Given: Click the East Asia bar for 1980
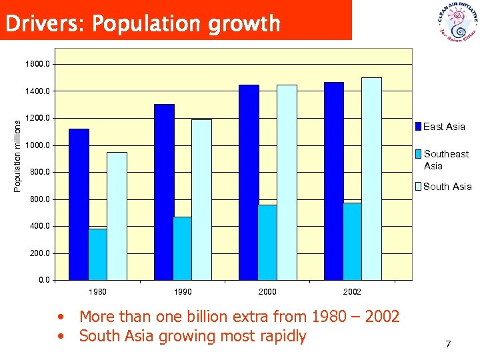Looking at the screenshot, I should pyautogui.click(x=79, y=204).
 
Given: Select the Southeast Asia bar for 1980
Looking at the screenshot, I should pyautogui.click(x=97, y=254).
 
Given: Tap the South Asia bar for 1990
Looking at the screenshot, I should pyautogui.click(x=201, y=199).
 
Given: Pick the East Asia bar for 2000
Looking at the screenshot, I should pyautogui.click(x=249, y=182).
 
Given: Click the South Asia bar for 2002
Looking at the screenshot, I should pyautogui.click(x=371, y=179).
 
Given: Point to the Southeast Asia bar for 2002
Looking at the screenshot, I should pyautogui.click(x=352, y=241).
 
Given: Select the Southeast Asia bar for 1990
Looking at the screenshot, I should pyautogui.click(x=182, y=248).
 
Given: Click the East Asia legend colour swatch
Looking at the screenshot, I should pyautogui.click(x=418, y=127).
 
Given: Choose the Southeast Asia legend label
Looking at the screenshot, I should pyautogui.click(x=446, y=160).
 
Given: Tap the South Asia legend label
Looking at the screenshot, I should pyautogui.click(x=447, y=187).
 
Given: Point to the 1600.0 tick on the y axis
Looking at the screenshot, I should pyautogui.click(x=37, y=64).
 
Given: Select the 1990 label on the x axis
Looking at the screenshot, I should pyautogui.click(x=182, y=292).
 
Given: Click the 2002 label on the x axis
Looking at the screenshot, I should pyautogui.click(x=352, y=292).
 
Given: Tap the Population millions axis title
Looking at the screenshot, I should pyautogui.click(x=17, y=152).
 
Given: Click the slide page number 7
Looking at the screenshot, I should pyautogui.click(x=448, y=344).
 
